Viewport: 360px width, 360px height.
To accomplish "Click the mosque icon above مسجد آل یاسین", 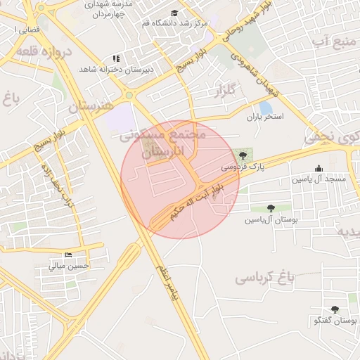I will [x=319, y=168].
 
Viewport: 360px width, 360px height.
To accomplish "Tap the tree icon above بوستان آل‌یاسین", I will [x=271, y=208].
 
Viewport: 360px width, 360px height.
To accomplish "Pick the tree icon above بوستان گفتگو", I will [x=334, y=309].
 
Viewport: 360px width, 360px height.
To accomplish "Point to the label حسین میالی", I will [x=69, y=266].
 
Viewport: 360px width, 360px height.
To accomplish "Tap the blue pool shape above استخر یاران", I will [x=266, y=106].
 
